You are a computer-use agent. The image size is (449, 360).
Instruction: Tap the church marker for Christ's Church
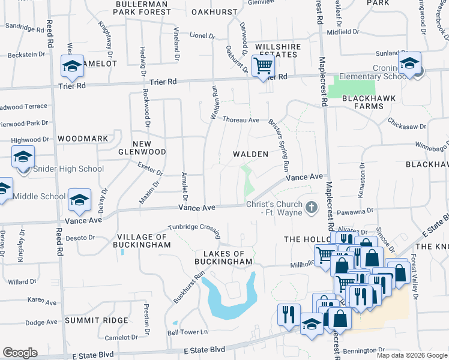pos(311,208)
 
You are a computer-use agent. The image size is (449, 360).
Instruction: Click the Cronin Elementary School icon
pos(410,63)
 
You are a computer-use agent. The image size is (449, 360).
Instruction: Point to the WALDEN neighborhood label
pos(250,154)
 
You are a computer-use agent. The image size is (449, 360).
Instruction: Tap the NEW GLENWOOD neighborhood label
pos(149,148)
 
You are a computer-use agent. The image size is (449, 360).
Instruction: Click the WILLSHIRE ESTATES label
pos(277,50)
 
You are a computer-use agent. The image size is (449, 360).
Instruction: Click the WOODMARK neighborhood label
pos(83,139)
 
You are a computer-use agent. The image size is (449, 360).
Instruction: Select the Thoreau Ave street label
pos(241,120)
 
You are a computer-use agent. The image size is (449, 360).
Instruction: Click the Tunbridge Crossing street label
pos(194,227)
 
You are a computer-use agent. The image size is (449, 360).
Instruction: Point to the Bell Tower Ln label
pos(187,332)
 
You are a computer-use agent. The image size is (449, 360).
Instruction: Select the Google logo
pos(20,353)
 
